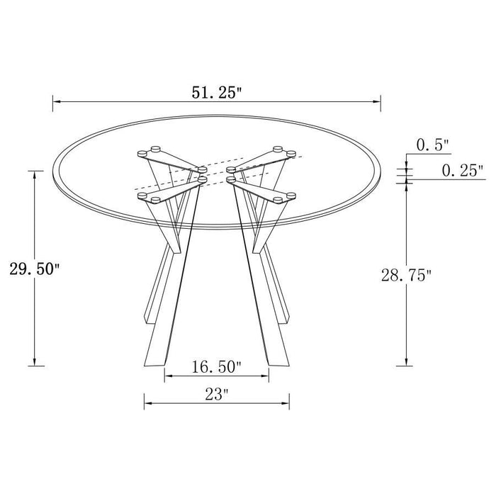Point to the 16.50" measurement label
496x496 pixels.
(217, 366)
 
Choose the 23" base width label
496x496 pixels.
(216, 394)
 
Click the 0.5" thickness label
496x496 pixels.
(433, 145)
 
